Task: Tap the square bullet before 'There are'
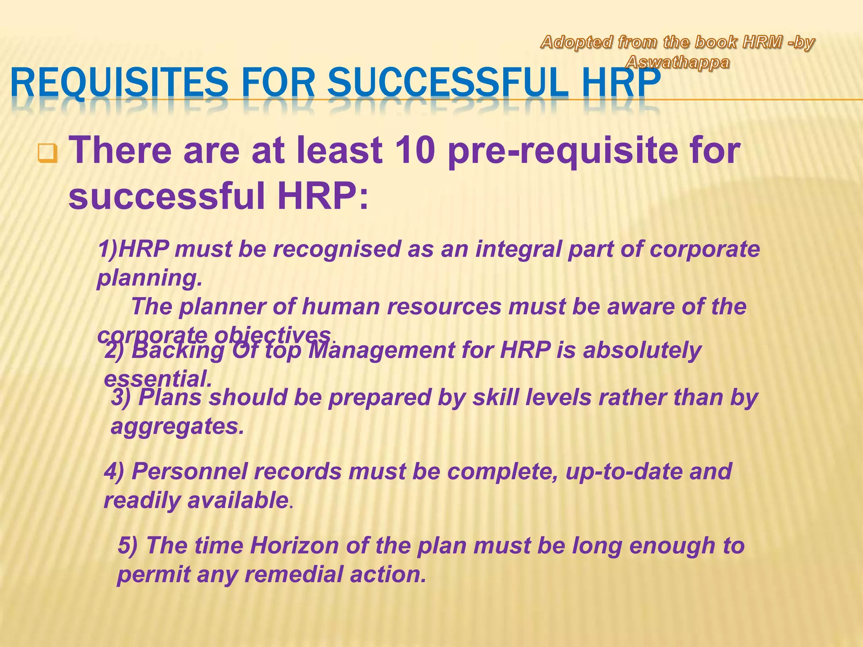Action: (47, 154)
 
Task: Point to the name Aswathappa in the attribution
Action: (678, 63)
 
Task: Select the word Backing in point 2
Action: (178, 350)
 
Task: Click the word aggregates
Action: (177, 426)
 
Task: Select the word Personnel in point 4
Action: (189, 471)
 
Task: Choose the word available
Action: (238, 500)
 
